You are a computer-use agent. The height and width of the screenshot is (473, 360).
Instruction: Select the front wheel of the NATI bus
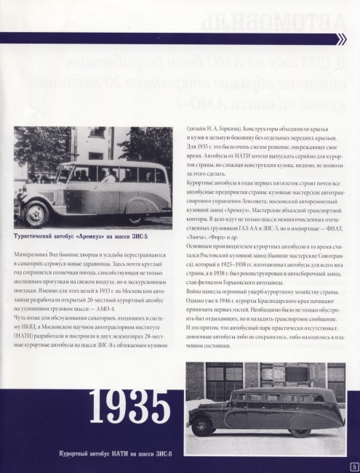202,425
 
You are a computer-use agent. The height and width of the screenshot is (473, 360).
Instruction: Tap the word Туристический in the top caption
36,236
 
